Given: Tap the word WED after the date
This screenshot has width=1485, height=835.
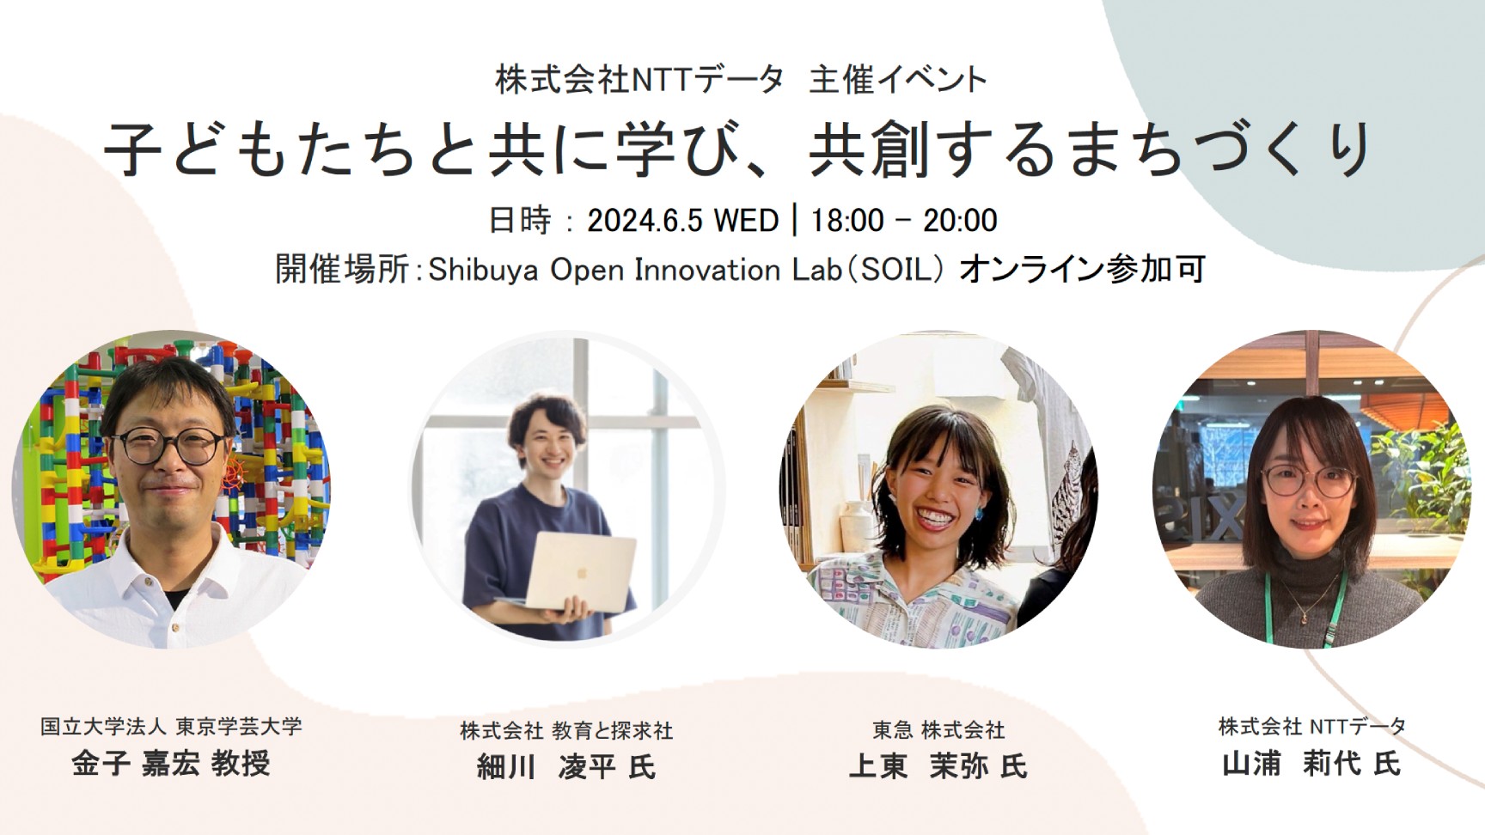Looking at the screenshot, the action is coord(747,221).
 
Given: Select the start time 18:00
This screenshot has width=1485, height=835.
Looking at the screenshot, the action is coord(847,221).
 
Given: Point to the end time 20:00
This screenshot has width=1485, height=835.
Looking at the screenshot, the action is coord(960,221).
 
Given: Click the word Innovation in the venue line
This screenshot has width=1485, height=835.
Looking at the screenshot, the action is coord(706,270).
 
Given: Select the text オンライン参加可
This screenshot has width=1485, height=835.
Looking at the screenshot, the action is coord(1082,269).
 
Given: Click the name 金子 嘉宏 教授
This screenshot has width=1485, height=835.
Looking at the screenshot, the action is coord(170,763).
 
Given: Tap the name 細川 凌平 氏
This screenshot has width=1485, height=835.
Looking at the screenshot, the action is coord(566,766).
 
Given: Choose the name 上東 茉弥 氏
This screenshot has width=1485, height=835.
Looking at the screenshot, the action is coord(938,765).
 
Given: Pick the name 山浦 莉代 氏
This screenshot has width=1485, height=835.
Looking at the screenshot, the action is coord(1311,763).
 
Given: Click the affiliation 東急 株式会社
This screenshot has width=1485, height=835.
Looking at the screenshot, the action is coord(938,730).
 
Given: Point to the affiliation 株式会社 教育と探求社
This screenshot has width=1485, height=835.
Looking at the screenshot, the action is coord(566,731).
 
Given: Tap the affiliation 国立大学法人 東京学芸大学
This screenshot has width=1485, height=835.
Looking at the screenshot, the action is coord(171,727).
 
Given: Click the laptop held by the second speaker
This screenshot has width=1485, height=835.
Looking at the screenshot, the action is coord(579,570).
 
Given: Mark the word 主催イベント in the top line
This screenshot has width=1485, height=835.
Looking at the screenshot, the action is coord(898,80).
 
